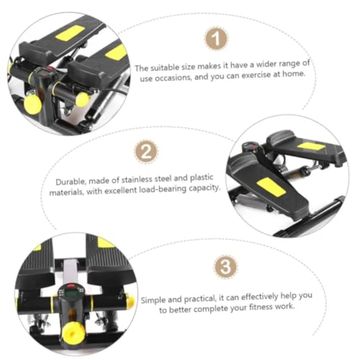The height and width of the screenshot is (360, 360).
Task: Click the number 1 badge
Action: tap(216, 38)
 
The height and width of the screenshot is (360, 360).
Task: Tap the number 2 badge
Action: tap(146, 152)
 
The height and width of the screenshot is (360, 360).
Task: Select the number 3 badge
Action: tap(226, 266)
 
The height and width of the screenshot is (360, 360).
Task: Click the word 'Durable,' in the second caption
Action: tap(71, 182)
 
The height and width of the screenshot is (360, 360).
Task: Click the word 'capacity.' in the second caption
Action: tap(204, 188)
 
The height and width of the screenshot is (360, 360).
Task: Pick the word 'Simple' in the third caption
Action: tap(153, 300)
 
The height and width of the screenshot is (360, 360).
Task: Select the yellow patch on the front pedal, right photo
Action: tap(271, 187)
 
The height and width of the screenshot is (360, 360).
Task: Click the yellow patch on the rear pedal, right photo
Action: tap(311, 146)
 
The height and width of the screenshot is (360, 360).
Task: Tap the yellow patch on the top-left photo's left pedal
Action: tap(70, 33)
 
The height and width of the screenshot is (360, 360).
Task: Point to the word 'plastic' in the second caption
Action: tap(202, 178)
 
